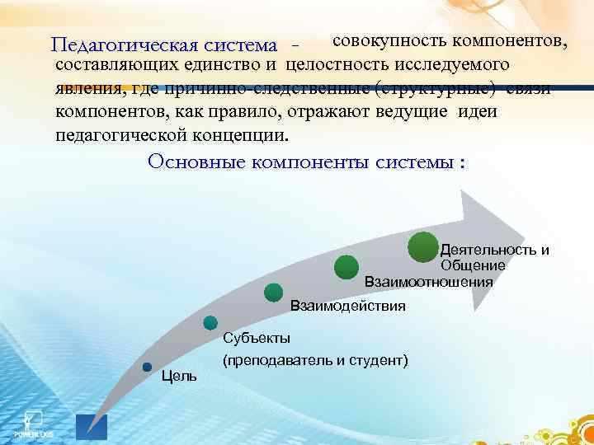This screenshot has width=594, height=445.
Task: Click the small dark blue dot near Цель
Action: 147,367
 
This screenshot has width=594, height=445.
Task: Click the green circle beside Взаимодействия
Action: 273,292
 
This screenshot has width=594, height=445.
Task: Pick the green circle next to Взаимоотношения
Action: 346,266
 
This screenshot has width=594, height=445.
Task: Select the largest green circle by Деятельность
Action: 423,248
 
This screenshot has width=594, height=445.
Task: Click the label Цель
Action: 179,377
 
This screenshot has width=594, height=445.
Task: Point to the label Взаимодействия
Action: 347,307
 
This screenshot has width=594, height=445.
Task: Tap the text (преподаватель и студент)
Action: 315,361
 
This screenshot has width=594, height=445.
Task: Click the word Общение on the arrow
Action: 472,265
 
